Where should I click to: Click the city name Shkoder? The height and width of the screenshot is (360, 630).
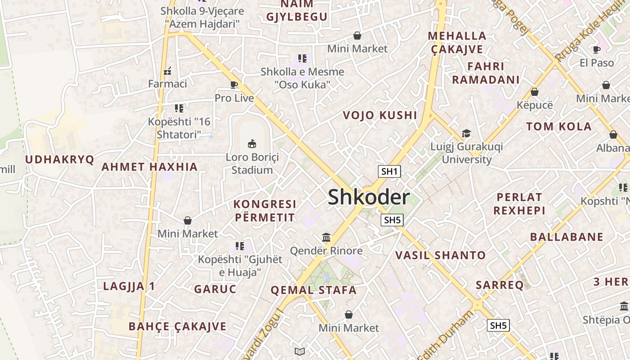[369, 197]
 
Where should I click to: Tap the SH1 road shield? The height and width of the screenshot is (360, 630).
[389, 171]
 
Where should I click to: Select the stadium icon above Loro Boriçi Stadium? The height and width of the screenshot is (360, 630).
[252, 144]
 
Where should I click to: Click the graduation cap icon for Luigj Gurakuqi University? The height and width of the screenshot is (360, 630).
[466, 134]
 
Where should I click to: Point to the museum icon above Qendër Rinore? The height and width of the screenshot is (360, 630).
[326, 237]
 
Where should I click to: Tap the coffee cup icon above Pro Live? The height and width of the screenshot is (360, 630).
[234, 85]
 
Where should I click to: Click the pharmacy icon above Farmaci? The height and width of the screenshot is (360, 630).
[167, 70]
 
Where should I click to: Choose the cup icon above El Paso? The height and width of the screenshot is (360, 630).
[597, 49]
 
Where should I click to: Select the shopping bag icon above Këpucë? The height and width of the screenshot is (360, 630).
[535, 92]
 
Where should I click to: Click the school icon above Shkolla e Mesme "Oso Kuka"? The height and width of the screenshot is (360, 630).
[302, 58]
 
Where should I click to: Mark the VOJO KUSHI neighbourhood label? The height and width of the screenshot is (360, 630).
[380, 115]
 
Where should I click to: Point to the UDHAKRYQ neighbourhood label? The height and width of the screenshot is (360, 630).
[59, 159]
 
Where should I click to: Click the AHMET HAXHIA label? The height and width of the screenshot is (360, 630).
[149, 167]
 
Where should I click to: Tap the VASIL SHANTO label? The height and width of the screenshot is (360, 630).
[441, 256]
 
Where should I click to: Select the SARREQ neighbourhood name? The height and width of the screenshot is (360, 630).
[499, 285]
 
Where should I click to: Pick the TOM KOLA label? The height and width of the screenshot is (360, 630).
[559, 126]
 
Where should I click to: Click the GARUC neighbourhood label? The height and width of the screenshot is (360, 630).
[215, 289]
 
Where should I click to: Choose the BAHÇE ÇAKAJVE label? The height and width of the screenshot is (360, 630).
[177, 326]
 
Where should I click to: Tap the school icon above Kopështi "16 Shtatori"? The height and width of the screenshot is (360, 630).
[179, 108]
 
